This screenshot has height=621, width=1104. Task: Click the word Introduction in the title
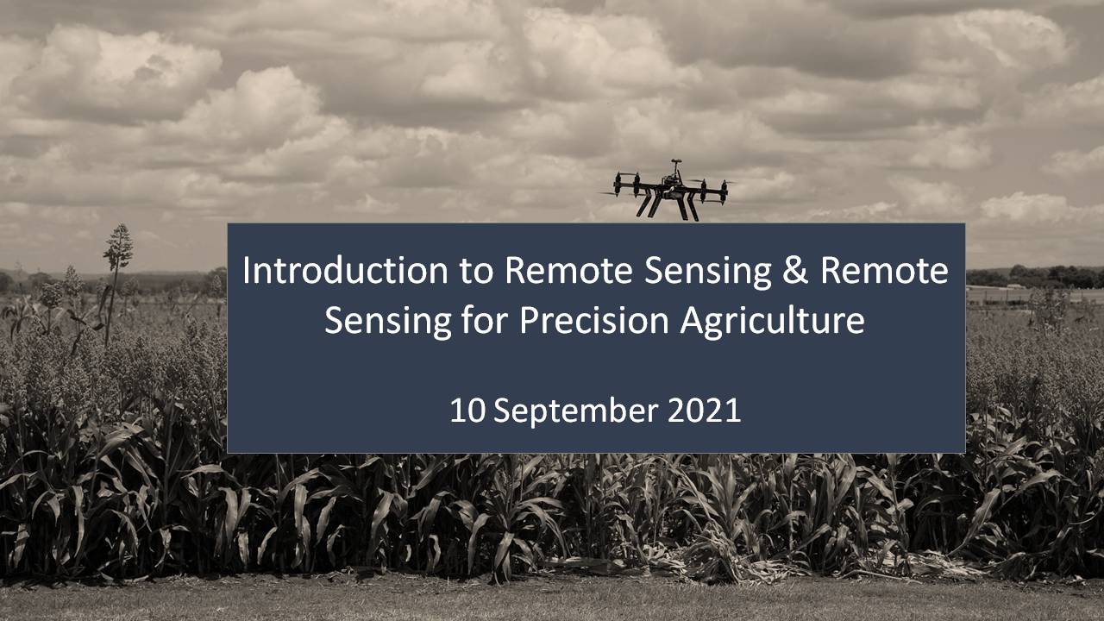pyautogui.click(x=345, y=270)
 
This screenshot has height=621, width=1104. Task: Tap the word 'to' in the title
pyautogui.click(x=477, y=271)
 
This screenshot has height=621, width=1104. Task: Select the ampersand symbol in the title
pyautogui.click(x=795, y=271)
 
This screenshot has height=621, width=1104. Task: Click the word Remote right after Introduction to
pyautogui.click(x=568, y=271)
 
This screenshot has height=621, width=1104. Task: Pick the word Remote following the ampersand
pyautogui.click(x=885, y=271)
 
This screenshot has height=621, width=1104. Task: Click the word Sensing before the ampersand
pyautogui.click(x=708, y=273)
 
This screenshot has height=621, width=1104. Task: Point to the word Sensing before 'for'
pyautogui.click(x=388, y=323)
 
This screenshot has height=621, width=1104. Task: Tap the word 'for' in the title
pyautogui.click(x=485, y=320)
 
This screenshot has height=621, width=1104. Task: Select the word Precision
pyautogui.click(x=594, y=320)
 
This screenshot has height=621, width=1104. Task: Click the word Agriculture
pyautogui.click(x=772, y=323)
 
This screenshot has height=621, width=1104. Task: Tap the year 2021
pyautogui.click(x=704, y=411)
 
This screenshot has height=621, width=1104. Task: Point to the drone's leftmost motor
pyautogui.click(x=617, y=184)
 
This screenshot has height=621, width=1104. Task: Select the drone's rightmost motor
pyautogui.click(x=724, y=192)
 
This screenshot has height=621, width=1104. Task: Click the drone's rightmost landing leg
pyautogui.click(x=692, y=208)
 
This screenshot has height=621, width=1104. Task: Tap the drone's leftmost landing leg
pyautogui.click(x=644, y=204)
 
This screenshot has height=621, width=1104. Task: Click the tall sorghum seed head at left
pyautogui.click(x=118, y=248)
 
